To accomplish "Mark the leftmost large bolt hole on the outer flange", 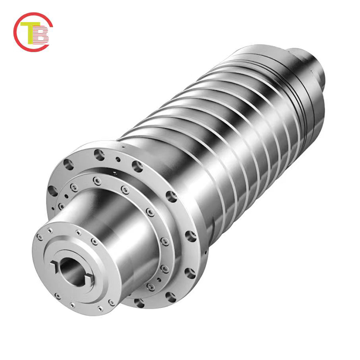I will click(x=68, y=165).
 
